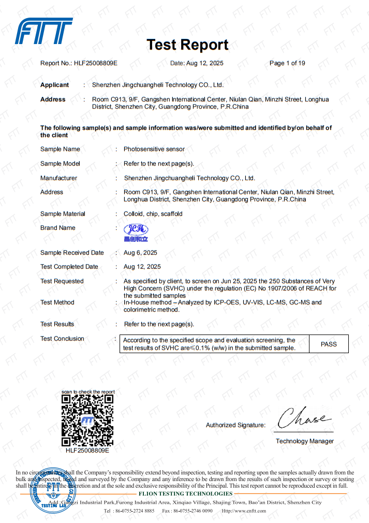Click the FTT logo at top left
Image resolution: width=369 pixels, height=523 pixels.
(43, 31)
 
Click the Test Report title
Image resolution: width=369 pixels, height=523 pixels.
(187, 45)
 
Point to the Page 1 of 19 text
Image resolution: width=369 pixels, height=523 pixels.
(287, 63)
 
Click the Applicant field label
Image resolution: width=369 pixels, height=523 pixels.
(54, 85)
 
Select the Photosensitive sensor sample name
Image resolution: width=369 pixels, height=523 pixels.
(154, 149)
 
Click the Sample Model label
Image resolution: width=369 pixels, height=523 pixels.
(60, 164)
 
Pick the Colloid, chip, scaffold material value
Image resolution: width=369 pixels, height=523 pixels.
(153, 214)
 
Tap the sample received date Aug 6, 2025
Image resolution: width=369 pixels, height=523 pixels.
(140, 253)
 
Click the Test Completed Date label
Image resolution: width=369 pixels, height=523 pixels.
(69, 267)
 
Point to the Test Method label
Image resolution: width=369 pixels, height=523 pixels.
(57, 302)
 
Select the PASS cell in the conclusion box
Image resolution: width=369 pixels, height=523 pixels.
(329, 344)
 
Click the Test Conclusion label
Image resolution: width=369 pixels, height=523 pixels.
(62, 339)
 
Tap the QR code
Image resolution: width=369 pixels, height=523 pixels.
(87, 420)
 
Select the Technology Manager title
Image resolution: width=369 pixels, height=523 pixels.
(304, 441)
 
